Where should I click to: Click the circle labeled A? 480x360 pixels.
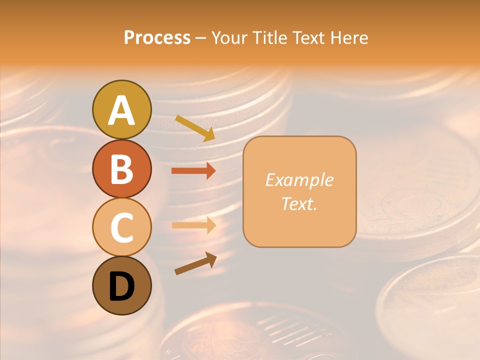point(121,109)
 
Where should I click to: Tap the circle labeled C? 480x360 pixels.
point(121,227)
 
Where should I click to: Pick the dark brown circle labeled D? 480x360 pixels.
point(121,285)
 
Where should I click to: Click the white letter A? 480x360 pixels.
point(121,110)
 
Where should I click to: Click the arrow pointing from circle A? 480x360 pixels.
point(195,128)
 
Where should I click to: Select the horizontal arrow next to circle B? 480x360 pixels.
point(193,171)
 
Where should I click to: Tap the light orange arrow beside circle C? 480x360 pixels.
point(193,225)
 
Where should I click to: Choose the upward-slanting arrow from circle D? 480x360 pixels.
point(195,263)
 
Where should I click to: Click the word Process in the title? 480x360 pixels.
point(157,38)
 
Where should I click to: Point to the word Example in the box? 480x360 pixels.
point(299,180)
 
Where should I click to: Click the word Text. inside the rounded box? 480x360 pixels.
point(299,203)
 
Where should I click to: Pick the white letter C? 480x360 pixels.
point(121,228)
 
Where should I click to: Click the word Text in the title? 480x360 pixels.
point(308,38)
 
